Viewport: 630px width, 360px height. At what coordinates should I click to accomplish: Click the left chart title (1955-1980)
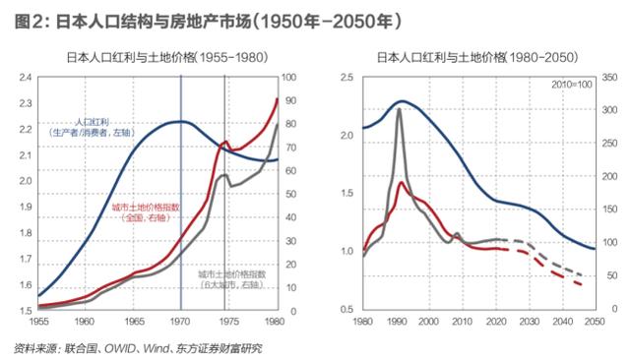tap(158, 57)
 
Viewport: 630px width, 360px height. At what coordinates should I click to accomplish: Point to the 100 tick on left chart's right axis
tap(288, 77)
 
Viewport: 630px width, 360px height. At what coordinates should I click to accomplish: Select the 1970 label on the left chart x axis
tap(180, 321)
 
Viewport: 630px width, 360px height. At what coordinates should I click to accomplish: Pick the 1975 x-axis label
tap(227, 321)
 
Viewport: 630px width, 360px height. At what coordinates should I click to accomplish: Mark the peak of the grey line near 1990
tap(399, 109)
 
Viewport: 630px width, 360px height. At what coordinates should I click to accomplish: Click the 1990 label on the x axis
tap(397, 321)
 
